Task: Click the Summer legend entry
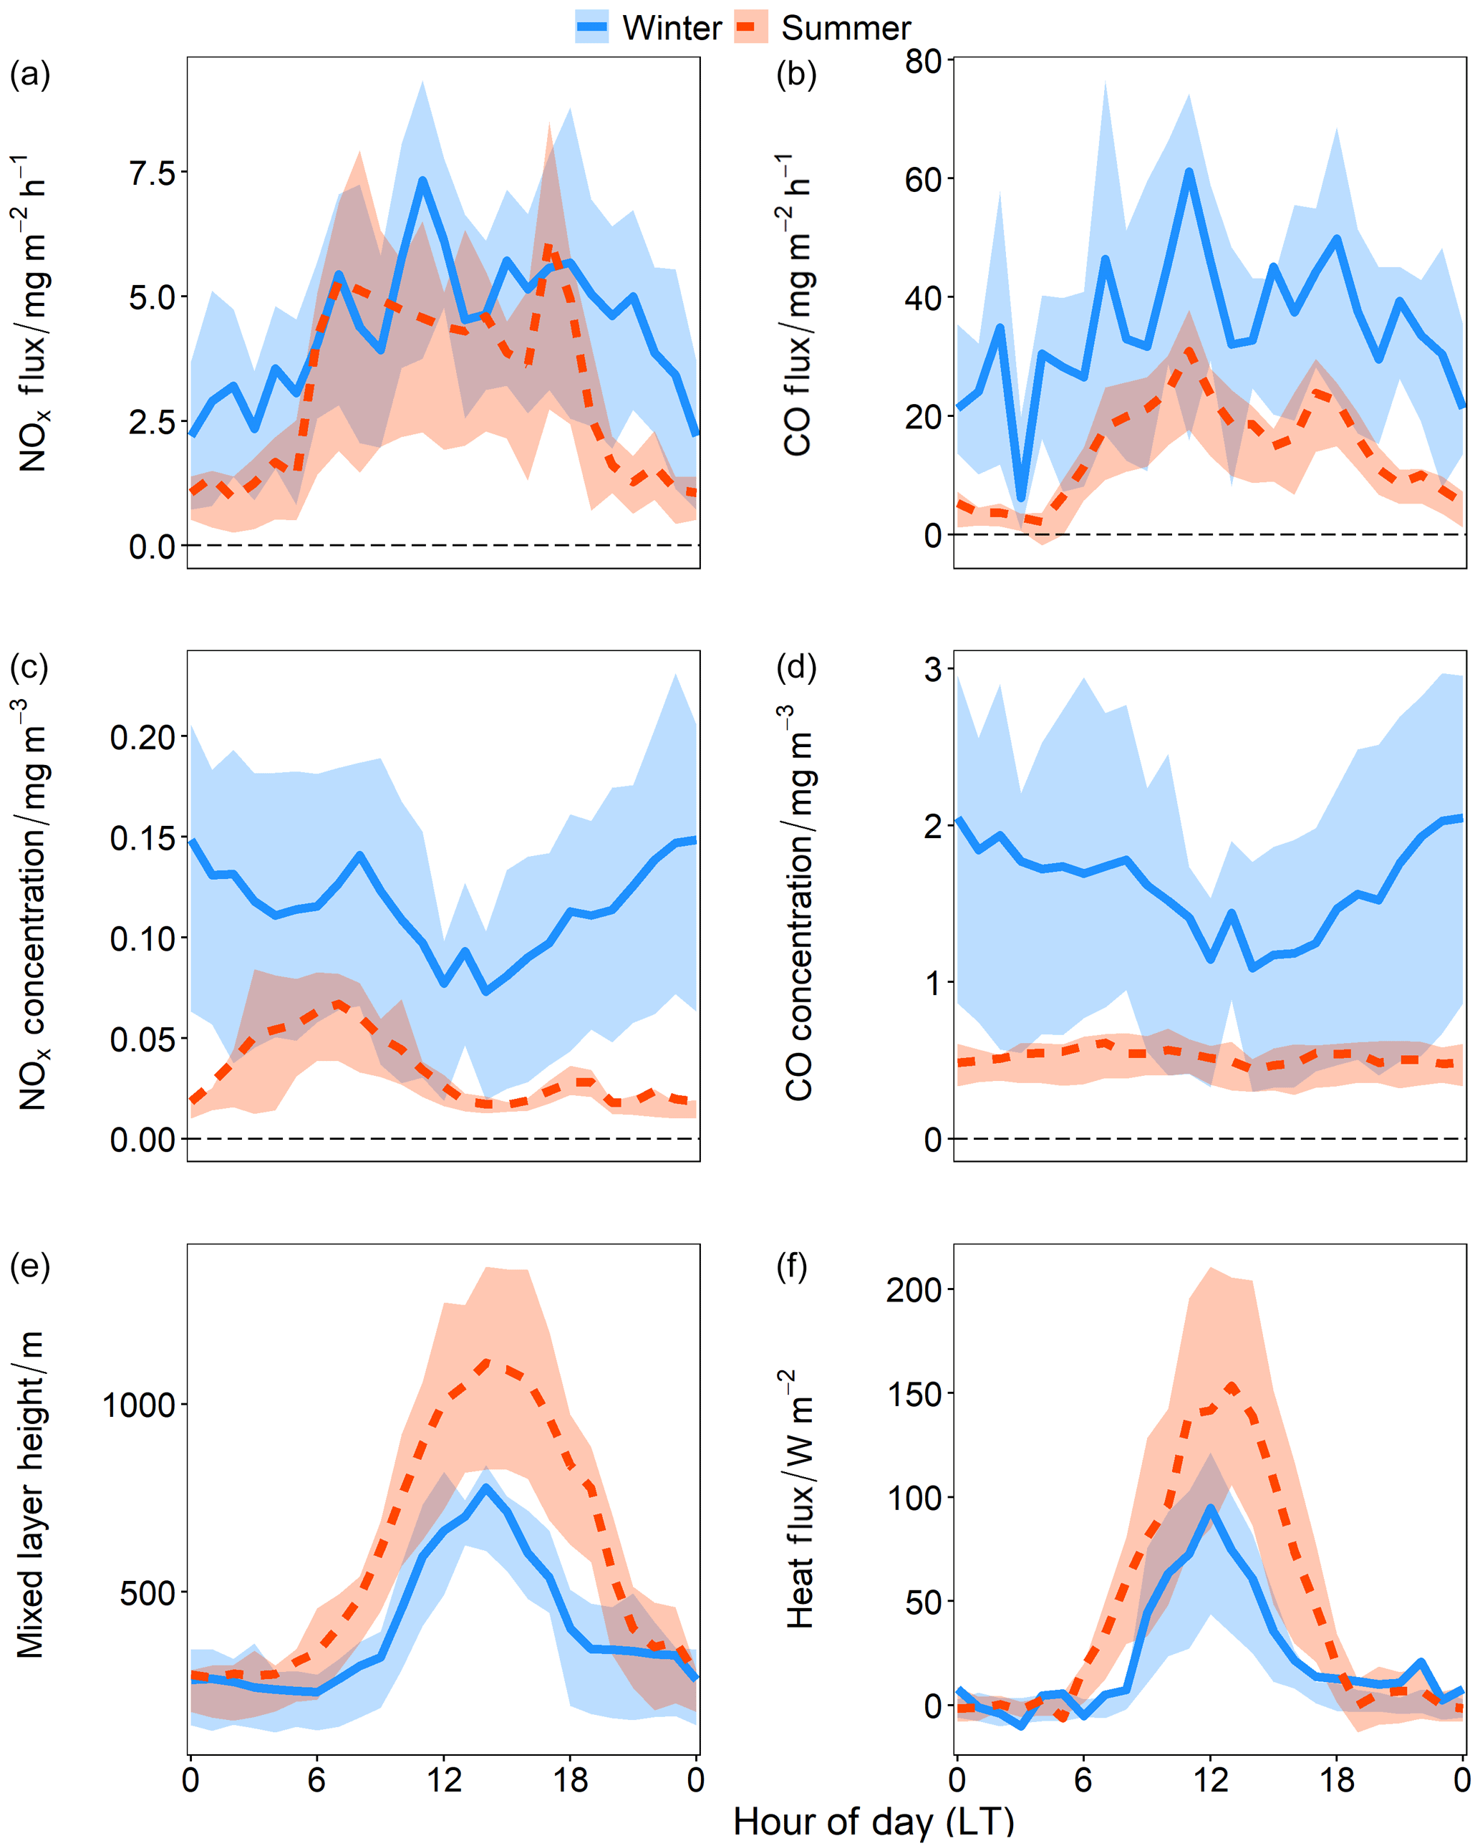click(823, 27)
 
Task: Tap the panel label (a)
click(30, 75)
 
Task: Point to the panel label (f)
click(792, 1266)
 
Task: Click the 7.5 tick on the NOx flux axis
click(153, 173)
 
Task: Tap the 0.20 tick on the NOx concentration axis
click(142, 736)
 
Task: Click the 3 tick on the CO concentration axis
click(932, 669)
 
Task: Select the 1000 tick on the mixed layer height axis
click(139, 1405)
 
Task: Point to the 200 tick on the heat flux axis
click(914, 1289)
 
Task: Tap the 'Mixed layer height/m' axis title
click(30, 1494)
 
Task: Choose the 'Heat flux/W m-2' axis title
click(800, 1499)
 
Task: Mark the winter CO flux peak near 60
click(1189, 172)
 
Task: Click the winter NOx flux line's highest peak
click(422, 181)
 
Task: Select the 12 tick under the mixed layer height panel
click(443, 1780)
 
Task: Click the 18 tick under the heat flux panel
click(1337, 1780)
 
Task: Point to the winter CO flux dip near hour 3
click(1020, 496)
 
